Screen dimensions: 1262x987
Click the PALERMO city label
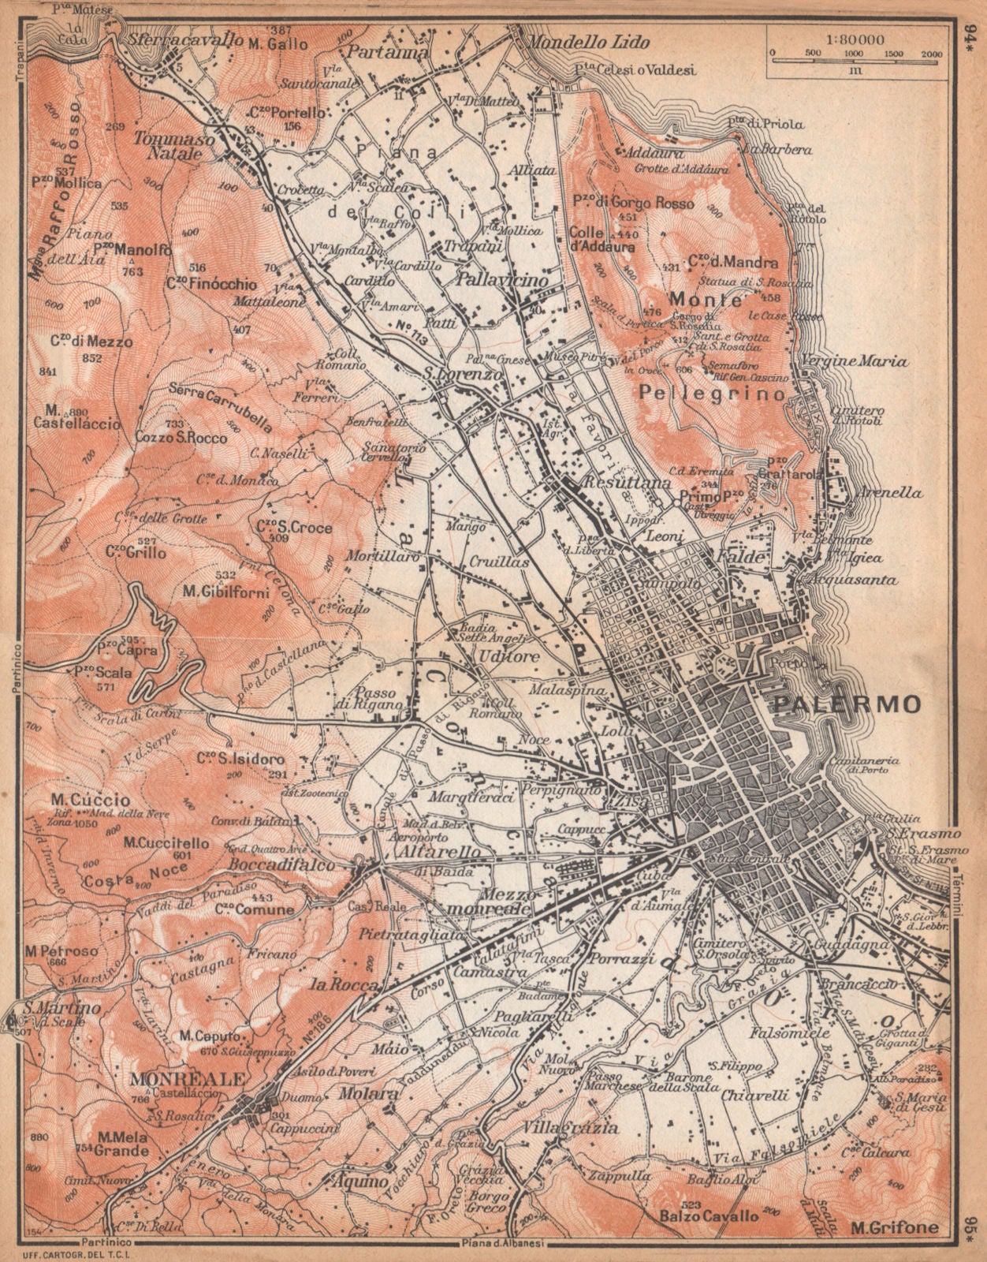tap(847, 704)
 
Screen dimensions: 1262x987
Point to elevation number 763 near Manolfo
tap(134, 271)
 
